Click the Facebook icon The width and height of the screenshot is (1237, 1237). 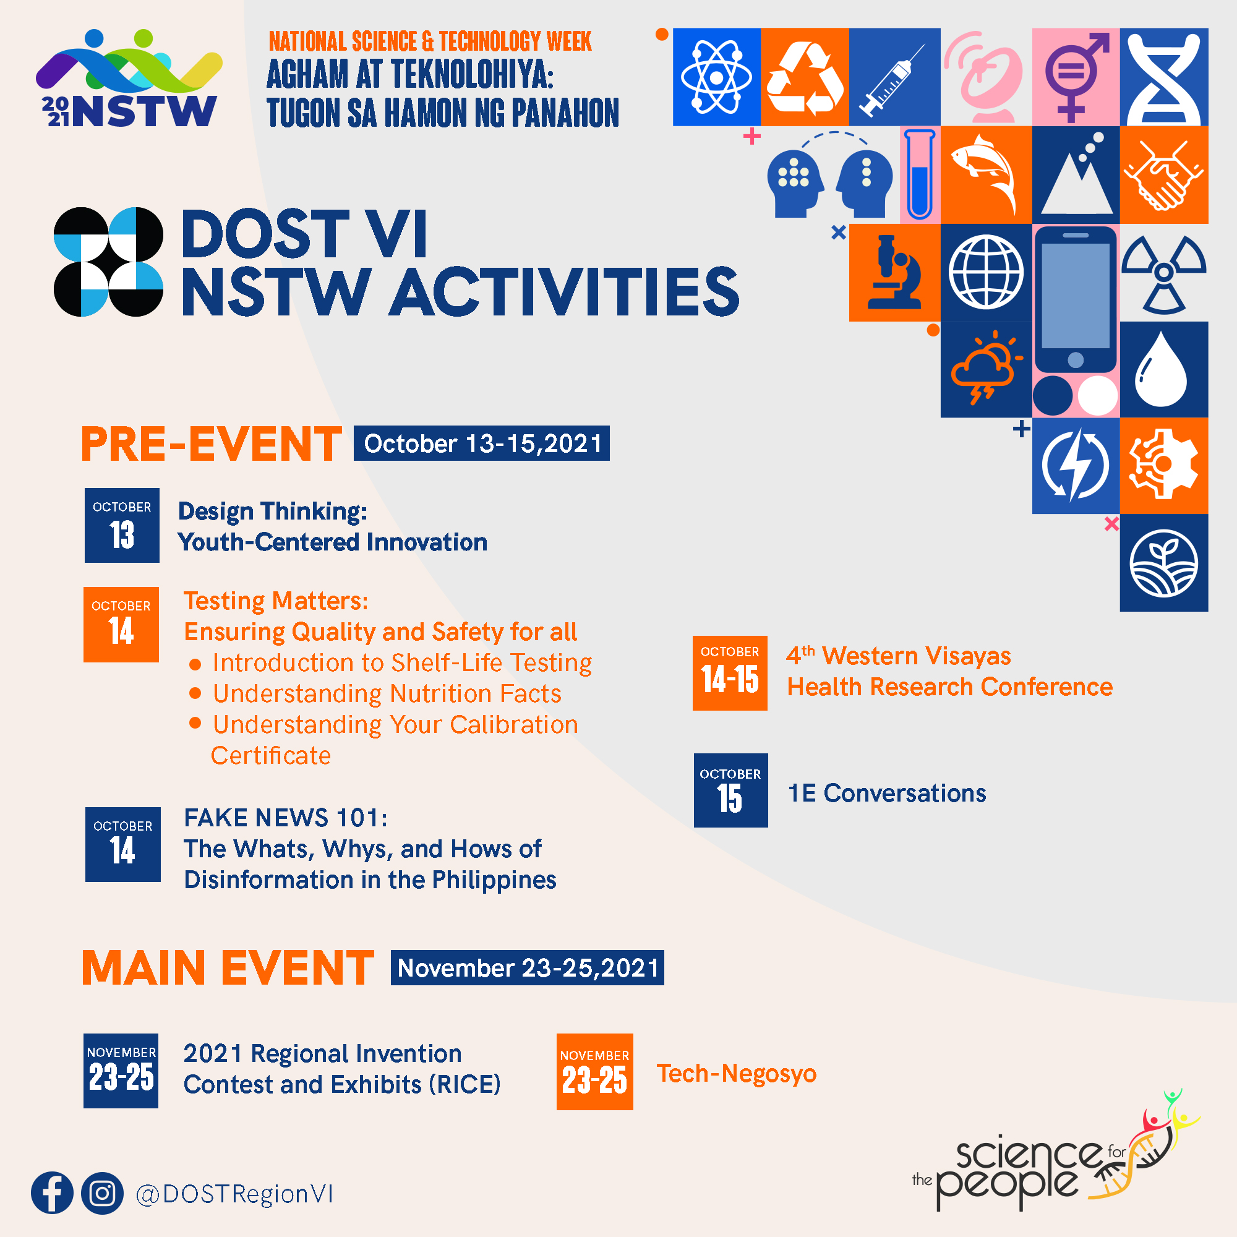pyautogui.click(x=52, y=1193)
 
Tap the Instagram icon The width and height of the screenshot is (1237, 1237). pyautogui.click(x=103, y=1193)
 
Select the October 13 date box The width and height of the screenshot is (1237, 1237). pyautogui.click(x=122, y=525)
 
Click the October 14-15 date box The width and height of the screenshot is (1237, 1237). pyautogui.click(x=730, y=673)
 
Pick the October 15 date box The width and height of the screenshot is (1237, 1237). pyautogui.click(x=730, y=790)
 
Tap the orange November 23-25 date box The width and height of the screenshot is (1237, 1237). pyautogui.click(x=595, y=1072)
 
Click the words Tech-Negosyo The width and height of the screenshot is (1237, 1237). pyautogui.click(x=736, y=1074)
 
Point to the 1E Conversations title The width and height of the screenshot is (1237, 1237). pyautogui.click(x=887, y=793)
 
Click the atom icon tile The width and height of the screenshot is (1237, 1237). pyautogui.click(x=716, y=77)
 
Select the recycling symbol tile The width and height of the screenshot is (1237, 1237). pyautogui.click(x=805, y=77)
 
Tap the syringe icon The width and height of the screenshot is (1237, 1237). pyautogui.click(x=894, y=80)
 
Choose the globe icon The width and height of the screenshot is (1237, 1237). pyautogui.click(x=986, y=272)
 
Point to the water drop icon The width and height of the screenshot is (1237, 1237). pyautogui.click(x=1160, y=371)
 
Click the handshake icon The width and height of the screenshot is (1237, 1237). pyautogui.click(x=1164, y=175)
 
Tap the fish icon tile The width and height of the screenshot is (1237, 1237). pyautogui.click(x=986, y=175)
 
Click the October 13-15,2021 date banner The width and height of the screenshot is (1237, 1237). pyautogui.click(x=481, y=443)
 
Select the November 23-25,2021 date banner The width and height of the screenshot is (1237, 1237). pyautogui.click(x=527, y=967)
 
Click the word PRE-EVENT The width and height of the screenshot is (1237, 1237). pyautogui.click(x=212, y=443)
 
